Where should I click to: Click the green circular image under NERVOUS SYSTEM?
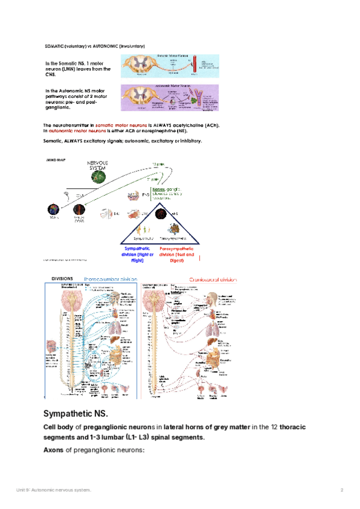coord(99,176)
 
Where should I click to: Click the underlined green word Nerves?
coord(159,190)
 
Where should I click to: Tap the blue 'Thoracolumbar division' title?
coord(111,279)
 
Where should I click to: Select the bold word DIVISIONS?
coord(62,279)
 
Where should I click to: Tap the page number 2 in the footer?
coord(341,490)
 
